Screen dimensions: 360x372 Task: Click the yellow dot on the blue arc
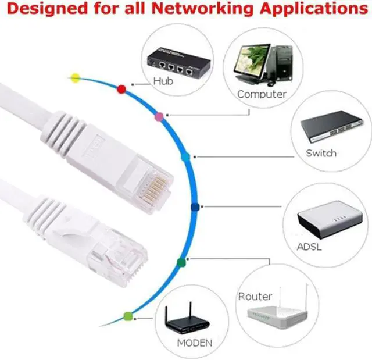coord(75,77)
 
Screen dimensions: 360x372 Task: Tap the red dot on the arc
coord(121,88)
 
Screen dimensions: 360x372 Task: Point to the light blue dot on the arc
coord(186,157)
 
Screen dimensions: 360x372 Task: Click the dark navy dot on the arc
coord(195,206)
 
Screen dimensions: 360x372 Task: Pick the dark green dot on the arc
coord(181,262)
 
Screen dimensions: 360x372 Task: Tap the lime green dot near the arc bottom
coord(128,316)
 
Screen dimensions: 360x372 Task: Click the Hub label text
coord(163,81)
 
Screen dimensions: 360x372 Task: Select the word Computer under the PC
coord(262,94)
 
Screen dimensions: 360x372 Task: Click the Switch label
coord(321,154)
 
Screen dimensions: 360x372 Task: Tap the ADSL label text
coord(309,246)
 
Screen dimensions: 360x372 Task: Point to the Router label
coord(255,297)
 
